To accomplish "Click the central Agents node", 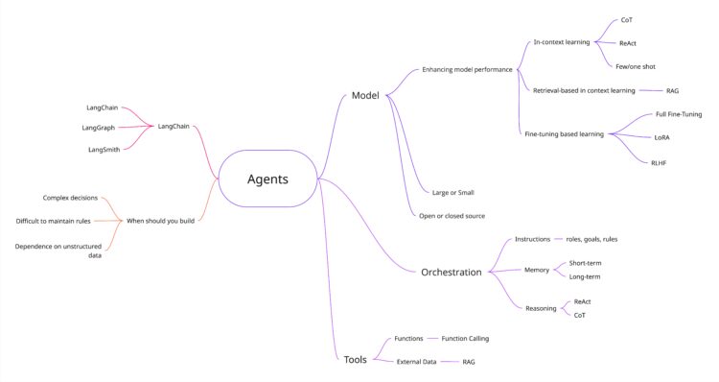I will coord(268,179).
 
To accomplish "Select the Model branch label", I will coord(365,95).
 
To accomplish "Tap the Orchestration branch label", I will coord(451,272).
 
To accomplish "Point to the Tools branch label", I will coord(355,359).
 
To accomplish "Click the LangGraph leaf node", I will coord(99,127).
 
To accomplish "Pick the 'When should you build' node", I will coord(160,221).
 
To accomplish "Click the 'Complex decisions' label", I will coord(70,198).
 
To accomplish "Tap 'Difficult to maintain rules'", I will coord(54,221).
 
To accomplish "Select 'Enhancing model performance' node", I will coord(467,70).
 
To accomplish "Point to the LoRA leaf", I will coord(662,137).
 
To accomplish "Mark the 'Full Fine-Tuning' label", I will coord(679,114).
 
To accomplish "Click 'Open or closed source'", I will coord(452,216).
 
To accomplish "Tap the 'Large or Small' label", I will coord(452,192).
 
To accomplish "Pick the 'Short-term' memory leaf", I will coord(585,263).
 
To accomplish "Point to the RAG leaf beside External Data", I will coord(469,362).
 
